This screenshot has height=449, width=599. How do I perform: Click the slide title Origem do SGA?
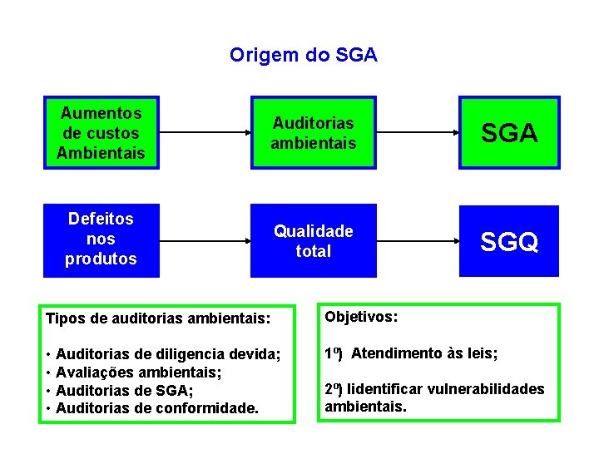click(x=303, y=56)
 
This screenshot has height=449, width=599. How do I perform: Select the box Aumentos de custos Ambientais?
click(x=101, y=133)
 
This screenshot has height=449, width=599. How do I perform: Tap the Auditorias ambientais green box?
click(x=313, y=133)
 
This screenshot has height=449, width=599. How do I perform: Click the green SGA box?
click(x=509, y=133)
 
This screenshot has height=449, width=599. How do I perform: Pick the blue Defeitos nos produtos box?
click(x=101, y=239)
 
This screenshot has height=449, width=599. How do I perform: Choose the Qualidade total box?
click(x=313, y=241)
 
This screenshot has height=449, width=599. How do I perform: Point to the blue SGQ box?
click(x=509, y=241)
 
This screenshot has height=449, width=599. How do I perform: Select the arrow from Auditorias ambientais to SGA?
click(x=418, y=132)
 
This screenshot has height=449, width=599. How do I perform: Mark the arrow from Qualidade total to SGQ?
click(x=418, y=240)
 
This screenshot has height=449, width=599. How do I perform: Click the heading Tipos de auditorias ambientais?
click(x=158, y=318)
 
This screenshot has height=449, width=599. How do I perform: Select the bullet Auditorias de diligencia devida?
click(x=166, y=355)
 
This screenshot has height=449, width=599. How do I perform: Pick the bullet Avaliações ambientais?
click(x=137, y=373)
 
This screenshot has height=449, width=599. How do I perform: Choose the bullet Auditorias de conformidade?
click(x=156, y=408)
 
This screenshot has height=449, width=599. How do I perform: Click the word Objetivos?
click(x=361, y=317)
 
